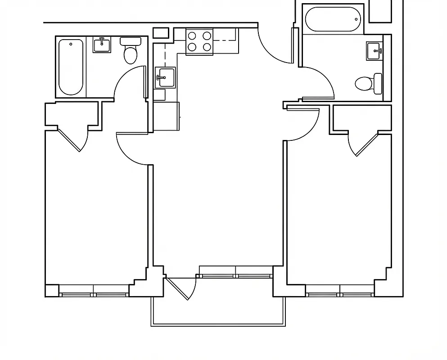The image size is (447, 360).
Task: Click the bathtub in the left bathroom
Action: tap(71, 67)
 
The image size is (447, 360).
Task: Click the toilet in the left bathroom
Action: tap(130, 51)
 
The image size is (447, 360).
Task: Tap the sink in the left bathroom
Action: tap(103, 45)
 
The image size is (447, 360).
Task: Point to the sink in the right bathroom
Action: tap(374, 50)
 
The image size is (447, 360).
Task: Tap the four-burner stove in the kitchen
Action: tap(199, 41)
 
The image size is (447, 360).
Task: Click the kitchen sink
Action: tap(165, 77)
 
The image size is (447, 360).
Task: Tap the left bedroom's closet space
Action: tap(72, 115)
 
